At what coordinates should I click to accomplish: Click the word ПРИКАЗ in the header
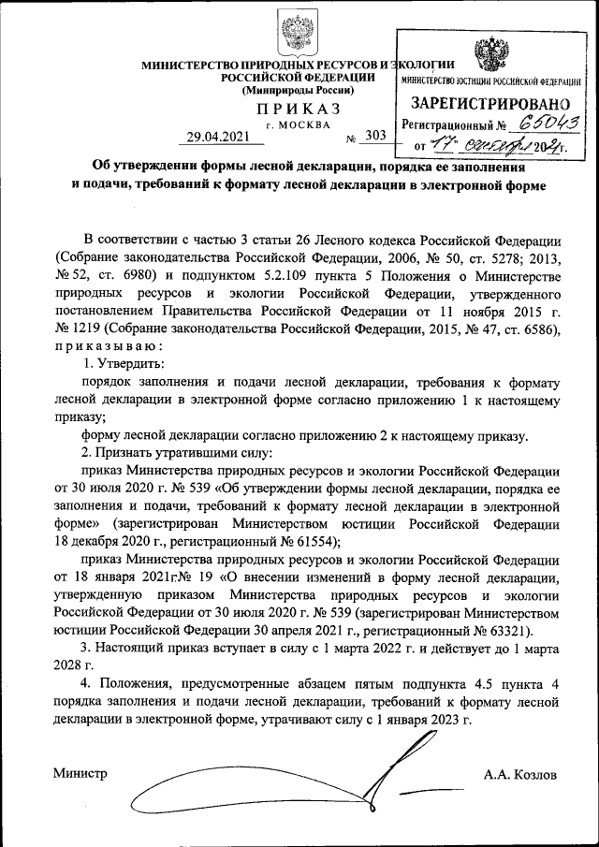pos(299,110)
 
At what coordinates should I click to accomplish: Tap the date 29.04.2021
pos(219,137)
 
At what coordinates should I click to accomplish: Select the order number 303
pos(375,136)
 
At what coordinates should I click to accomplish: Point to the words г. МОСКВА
pos(298,124)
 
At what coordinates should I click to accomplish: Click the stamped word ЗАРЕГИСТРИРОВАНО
pos(490,104)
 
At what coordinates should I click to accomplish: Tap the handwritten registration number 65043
pos(546,122)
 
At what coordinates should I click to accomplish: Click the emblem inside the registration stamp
pos(489,57)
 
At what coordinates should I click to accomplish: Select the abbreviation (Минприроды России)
pos(299,91)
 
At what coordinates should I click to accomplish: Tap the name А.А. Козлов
pos(520,775)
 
